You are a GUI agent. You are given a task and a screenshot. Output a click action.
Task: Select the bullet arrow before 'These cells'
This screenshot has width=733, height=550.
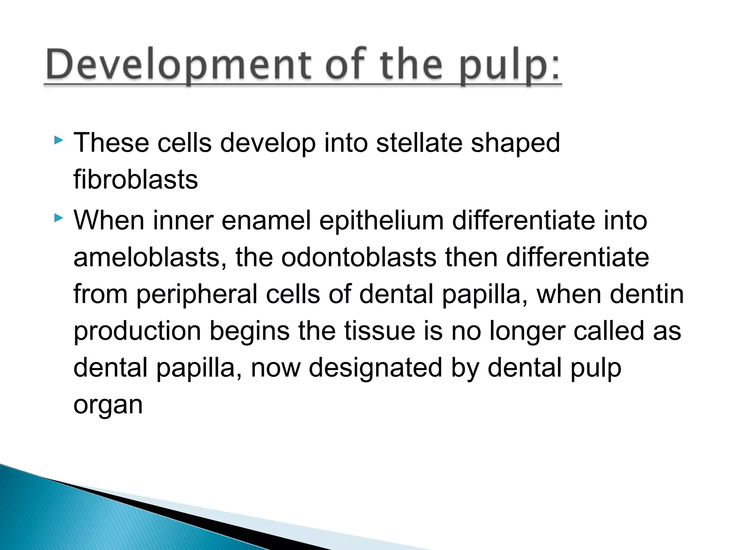point(58,140)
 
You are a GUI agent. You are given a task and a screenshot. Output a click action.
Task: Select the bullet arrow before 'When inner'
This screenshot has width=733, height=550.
point(58,217)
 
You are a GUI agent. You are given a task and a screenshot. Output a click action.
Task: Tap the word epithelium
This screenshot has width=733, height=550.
point(382,221)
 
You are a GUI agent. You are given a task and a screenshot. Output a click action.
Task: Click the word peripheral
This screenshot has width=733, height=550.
point(196,294)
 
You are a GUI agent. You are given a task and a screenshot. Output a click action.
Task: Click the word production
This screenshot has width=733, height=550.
point(137,331)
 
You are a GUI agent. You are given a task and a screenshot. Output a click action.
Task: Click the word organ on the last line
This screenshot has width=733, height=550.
point(108,406)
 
